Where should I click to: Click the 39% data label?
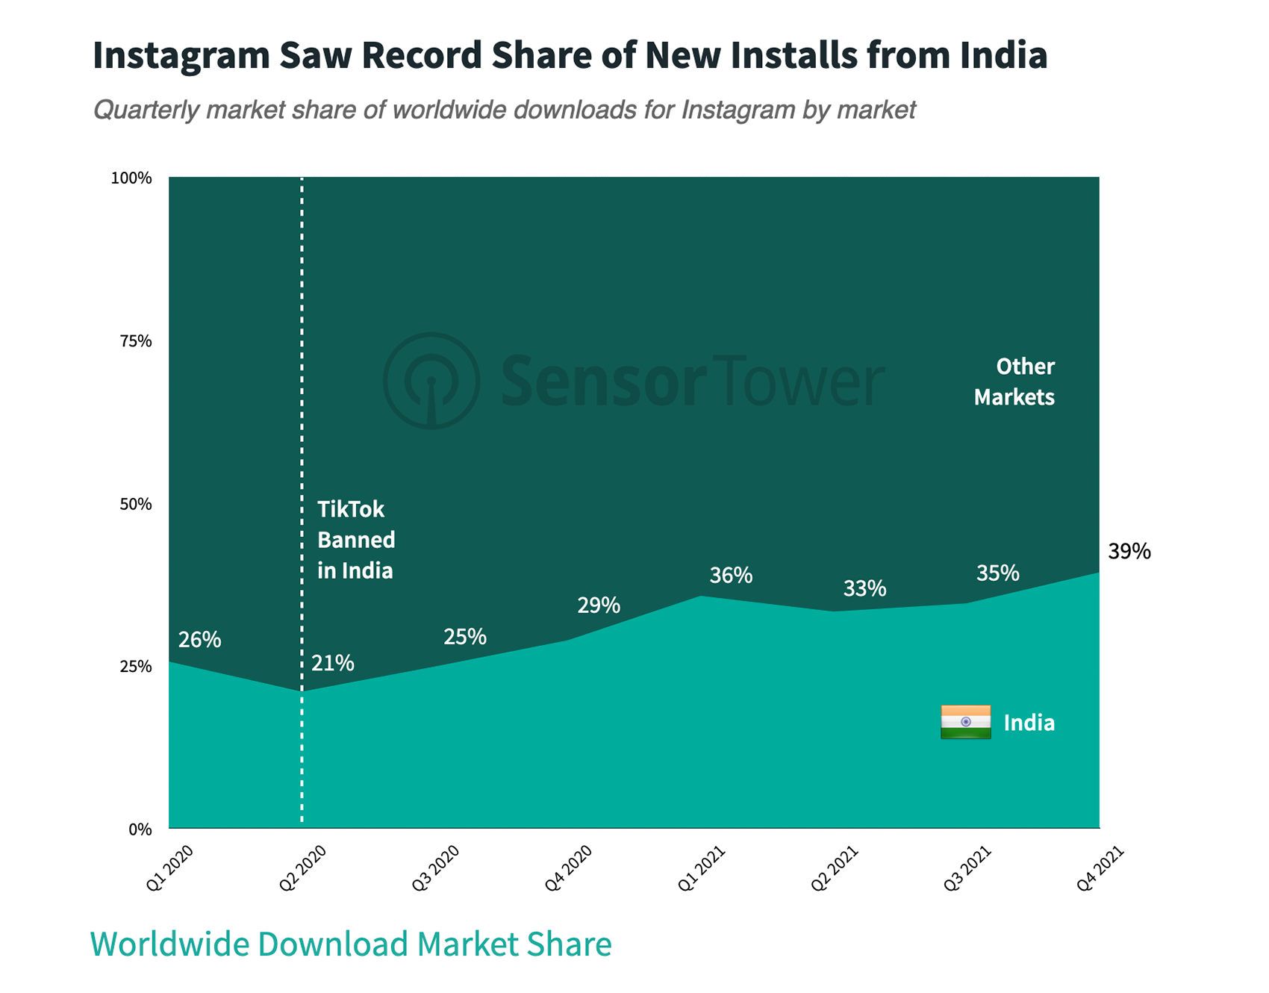point(1129,552)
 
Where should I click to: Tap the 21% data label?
point(333,663)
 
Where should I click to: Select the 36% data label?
point(731,576)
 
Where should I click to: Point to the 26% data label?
point(199,640)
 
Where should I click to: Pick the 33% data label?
point(864,589)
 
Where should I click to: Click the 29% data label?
point(599,606)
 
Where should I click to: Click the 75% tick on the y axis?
point(136,341)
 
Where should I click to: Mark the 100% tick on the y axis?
point(131,178)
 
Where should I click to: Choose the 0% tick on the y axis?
point(140,829)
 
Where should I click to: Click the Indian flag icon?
point(965,722)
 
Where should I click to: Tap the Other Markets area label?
point(1014,382)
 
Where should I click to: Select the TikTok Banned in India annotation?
point(356,540)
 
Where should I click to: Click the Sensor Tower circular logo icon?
point(431,381)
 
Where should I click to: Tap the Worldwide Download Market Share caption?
point(351,944)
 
